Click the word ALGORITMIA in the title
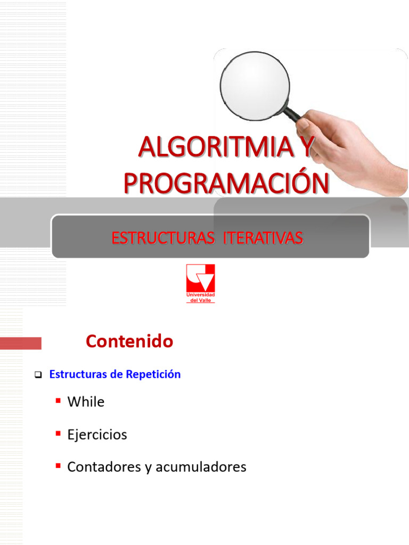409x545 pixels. pos(216,147)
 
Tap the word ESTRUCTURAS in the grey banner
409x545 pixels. pos(163,238)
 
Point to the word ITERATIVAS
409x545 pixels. pos(263,238)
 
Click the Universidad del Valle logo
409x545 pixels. pos(201,283)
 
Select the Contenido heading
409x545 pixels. pos(129,341)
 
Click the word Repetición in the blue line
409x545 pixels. pos(153,374)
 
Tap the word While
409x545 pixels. pos(86,401)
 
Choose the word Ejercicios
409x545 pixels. pos(97,434)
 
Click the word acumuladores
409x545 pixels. pos(201,467)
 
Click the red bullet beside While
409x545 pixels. pos(58,401)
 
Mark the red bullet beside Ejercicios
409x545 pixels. pos(58,433)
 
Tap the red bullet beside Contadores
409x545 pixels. pos(58,466)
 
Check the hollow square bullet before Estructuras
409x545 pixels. pos(38,375)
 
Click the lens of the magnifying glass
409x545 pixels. pos(255,86)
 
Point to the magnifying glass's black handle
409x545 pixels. pos(293,114)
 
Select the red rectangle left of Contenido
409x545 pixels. pos(21,343)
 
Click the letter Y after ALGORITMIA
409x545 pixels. pos(307,147)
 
